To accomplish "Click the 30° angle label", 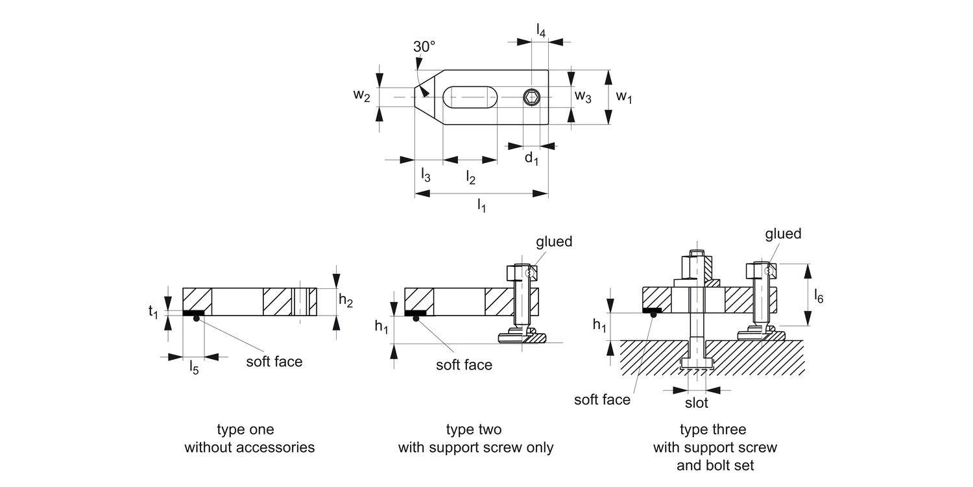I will point(424,47).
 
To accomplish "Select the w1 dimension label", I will point(624,97).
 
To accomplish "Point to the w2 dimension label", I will point(362,96).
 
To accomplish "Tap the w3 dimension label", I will point(583,97).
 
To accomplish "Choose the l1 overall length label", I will point(481,206).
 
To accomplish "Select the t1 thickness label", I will point(153,312).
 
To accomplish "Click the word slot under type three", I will point(696,403).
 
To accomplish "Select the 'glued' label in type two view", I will point(554,242).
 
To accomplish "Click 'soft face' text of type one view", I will point(274,361).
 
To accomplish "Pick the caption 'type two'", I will point(474,430).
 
